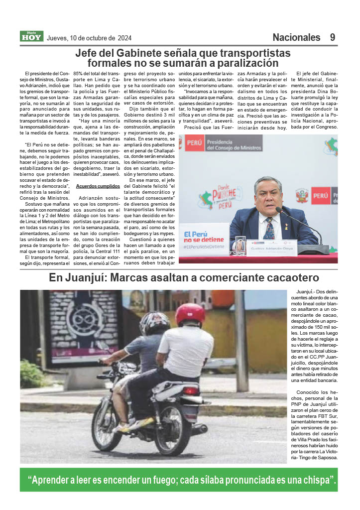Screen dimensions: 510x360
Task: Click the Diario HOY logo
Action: (x=31, y=36)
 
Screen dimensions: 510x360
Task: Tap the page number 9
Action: (x=332, y=37)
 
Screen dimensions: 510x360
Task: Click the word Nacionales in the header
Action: (x=296, y=37)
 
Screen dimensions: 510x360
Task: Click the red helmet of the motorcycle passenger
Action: (x=190, y=314)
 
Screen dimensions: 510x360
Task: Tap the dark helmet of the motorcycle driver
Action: (x=154, y=323)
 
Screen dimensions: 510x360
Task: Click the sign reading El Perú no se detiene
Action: (x=204, y=239)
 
